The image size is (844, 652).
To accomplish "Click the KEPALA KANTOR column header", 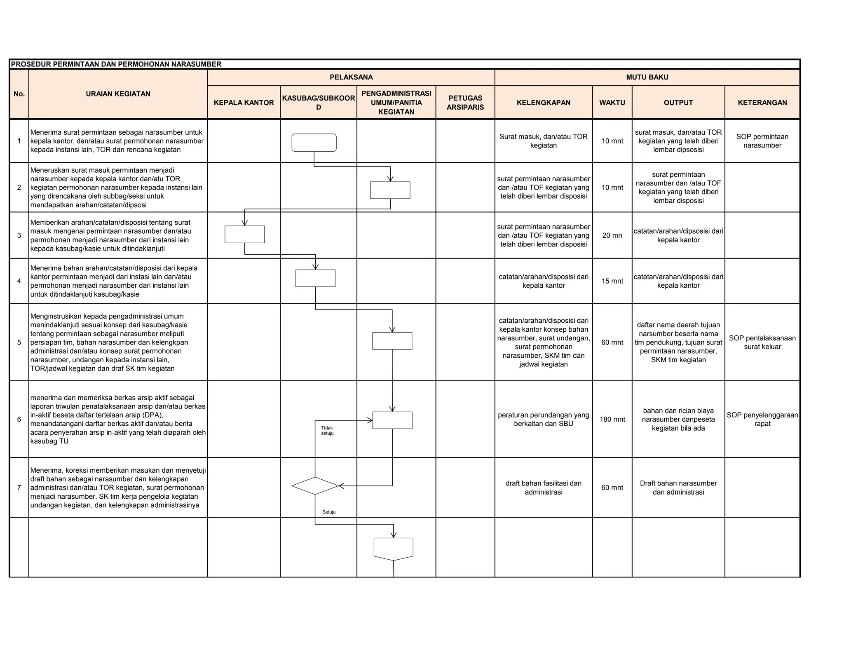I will coord(244,103).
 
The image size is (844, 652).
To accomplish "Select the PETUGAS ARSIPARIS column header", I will coord(465,103).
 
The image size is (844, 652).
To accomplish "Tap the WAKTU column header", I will coord(612,103).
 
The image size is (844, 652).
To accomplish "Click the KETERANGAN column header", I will coord(762,103).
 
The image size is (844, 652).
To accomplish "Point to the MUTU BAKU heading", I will coord(647,77).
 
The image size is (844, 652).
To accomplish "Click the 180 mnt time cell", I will coord(612,419).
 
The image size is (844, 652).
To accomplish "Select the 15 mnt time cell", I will coord(612,281).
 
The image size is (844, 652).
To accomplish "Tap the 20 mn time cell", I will coord(612,235).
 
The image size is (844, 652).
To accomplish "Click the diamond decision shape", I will coord(315,486).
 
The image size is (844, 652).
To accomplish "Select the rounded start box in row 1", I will coord(314,143).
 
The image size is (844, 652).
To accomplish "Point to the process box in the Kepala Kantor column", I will coord(244,235).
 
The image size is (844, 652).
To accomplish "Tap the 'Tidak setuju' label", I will coord(327,431).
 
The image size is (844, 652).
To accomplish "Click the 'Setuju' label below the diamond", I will coord(329,512).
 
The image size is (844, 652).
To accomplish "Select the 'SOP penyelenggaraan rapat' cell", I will coord(762,419).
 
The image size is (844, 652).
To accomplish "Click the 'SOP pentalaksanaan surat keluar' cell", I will coord(762,342).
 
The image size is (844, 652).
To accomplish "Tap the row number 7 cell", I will coord(19,488).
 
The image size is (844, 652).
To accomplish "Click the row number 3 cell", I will coord(19,235).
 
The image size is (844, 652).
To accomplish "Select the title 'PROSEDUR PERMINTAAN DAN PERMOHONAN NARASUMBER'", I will coord(116,64).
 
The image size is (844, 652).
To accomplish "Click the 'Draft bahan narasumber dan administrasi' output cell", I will coord(678,488).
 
